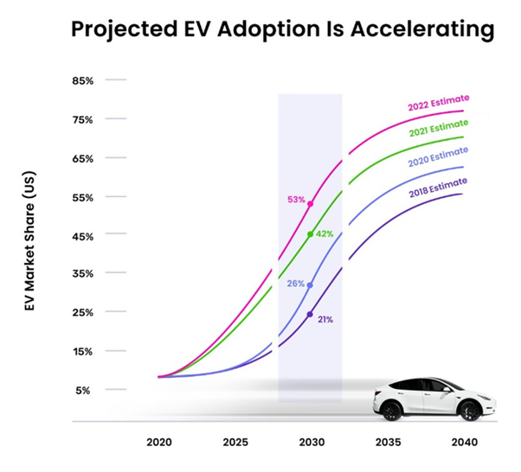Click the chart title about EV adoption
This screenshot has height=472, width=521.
[282, 29]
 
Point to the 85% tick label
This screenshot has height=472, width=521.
[83, 80]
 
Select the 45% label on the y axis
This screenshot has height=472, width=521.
[83, 235]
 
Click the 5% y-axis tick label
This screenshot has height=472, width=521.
[86, 390]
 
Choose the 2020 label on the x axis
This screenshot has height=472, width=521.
[158, 442]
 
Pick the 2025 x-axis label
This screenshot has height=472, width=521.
[235, 442]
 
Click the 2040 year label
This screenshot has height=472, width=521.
[465, 442]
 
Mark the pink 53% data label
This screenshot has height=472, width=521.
[296, 200]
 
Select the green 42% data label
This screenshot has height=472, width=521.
[325, 234]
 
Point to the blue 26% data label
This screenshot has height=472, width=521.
[296, 284]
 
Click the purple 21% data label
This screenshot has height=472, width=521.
[325, 319]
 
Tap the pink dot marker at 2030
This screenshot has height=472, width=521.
[310, 204]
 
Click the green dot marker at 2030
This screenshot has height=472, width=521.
[310, 234]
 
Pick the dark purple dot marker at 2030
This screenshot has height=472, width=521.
[310, 314]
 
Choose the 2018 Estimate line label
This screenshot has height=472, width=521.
[438, 183]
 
